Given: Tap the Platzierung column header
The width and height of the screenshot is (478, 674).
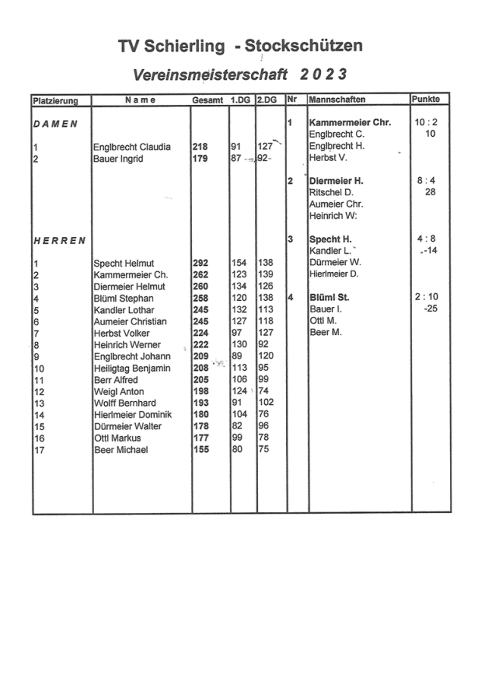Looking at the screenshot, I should click(56, 100).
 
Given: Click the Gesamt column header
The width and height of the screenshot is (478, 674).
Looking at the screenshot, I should click(207, 100).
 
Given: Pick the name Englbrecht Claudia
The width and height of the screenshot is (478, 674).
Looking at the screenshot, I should click(132, 147).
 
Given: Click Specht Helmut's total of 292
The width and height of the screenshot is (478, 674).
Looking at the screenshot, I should click(200, 263).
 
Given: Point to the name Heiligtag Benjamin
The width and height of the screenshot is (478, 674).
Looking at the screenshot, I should click(132, 369).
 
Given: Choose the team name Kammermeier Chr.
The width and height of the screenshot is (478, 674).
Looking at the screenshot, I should click(350, 123).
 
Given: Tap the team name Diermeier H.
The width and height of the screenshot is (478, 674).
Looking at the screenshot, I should click(337, 182).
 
